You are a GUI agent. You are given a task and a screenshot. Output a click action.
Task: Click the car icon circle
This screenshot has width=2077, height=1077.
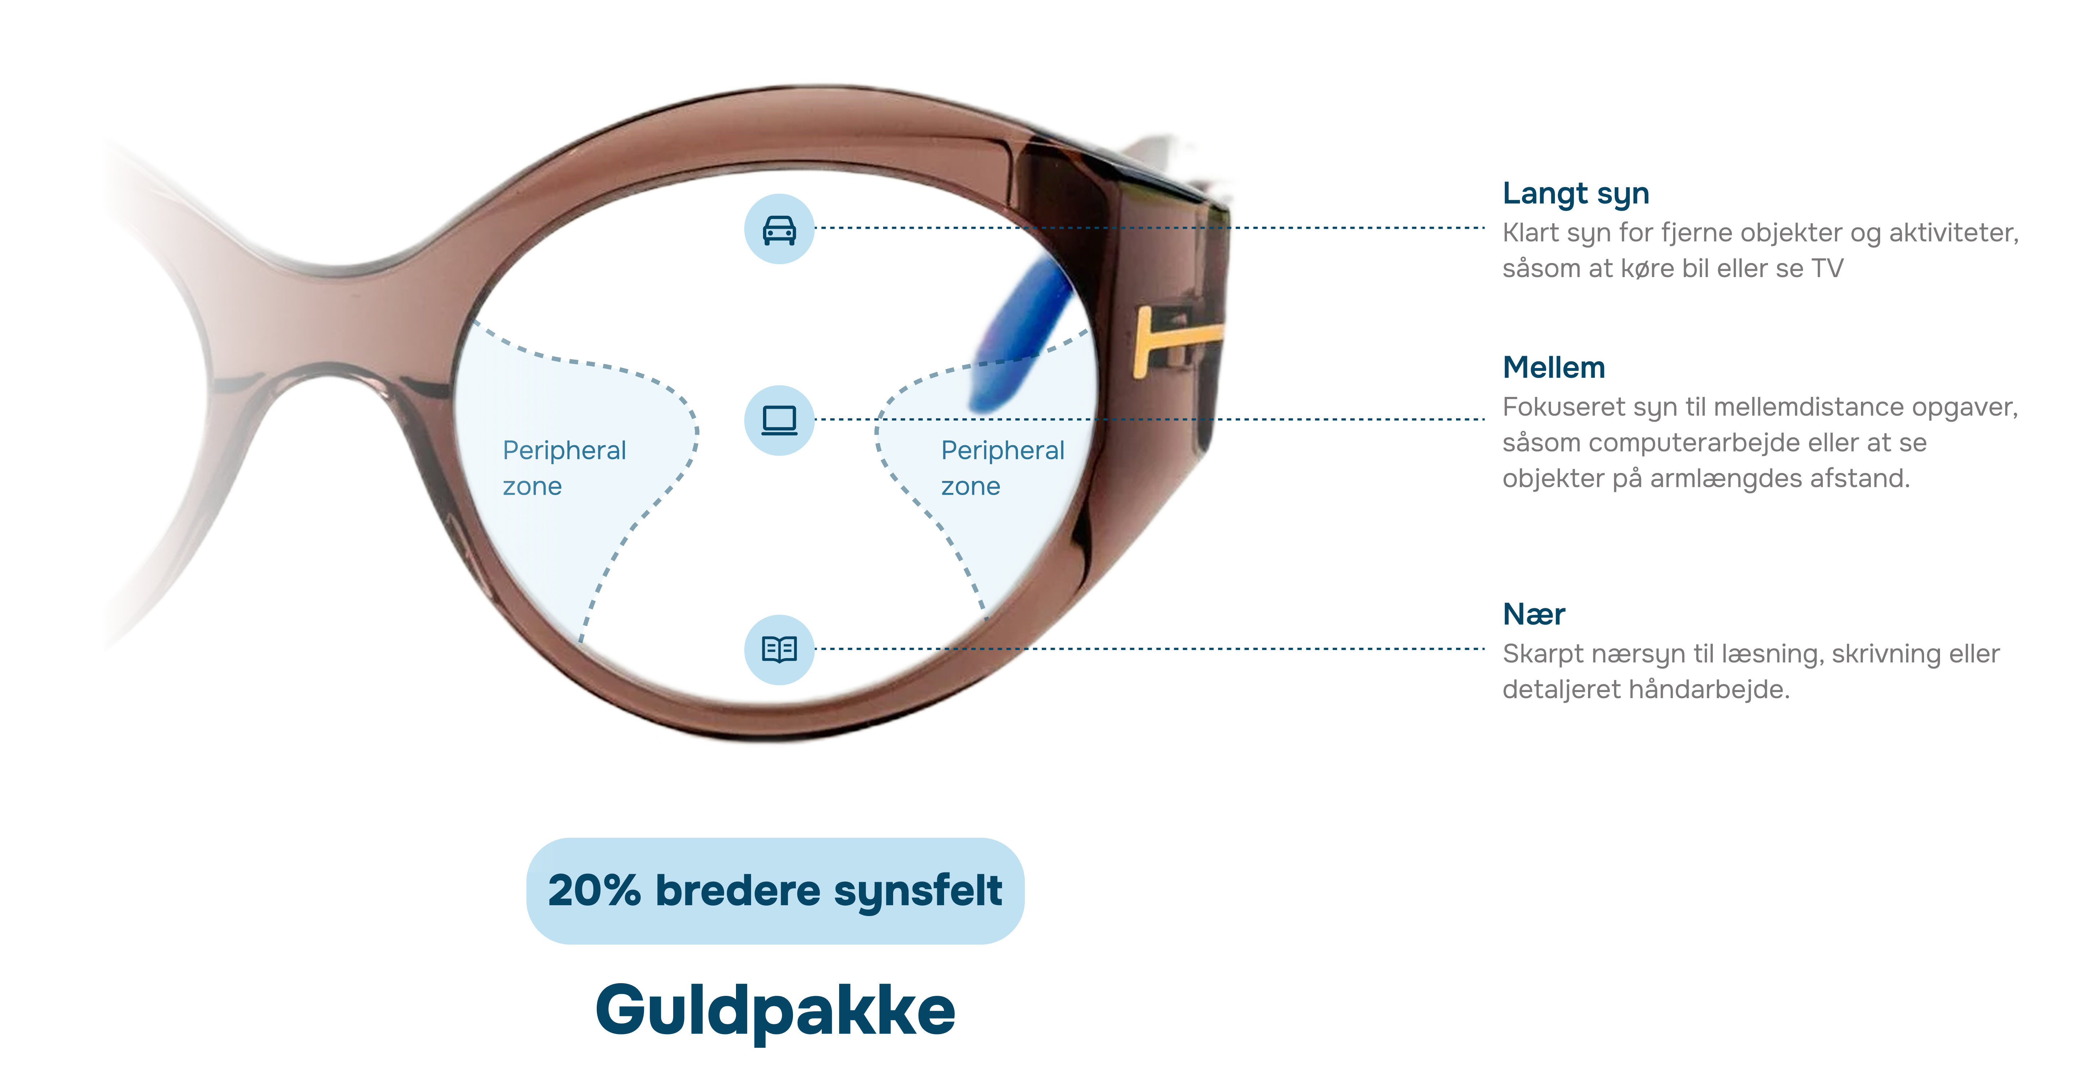pyautogui.click(x=779, y=229)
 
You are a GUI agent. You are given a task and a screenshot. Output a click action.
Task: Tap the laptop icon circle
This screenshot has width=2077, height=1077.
pyautogui.click(x=779, y=420)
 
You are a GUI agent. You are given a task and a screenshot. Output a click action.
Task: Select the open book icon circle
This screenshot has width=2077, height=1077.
pyautogui.click(x=779, y=649)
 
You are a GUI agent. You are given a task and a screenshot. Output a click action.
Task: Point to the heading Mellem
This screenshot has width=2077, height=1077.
pyautogui.click(x=1554, y=368)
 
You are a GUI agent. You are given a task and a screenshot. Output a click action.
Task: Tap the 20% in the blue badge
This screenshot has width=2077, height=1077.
pyautogui.click(x=594, y=890)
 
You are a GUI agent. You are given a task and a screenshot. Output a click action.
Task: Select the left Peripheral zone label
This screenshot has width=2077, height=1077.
pyautogui.click(x=564, y=468)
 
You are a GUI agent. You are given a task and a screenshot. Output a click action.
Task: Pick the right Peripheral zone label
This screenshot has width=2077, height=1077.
pyautogui.click(x=1002, y=468)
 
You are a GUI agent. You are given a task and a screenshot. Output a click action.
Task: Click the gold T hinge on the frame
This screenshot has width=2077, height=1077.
pyautogui.click(x=1169, y=339)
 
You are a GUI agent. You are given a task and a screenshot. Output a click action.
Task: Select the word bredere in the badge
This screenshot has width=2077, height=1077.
pyautogui.click(x=738, y=890)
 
